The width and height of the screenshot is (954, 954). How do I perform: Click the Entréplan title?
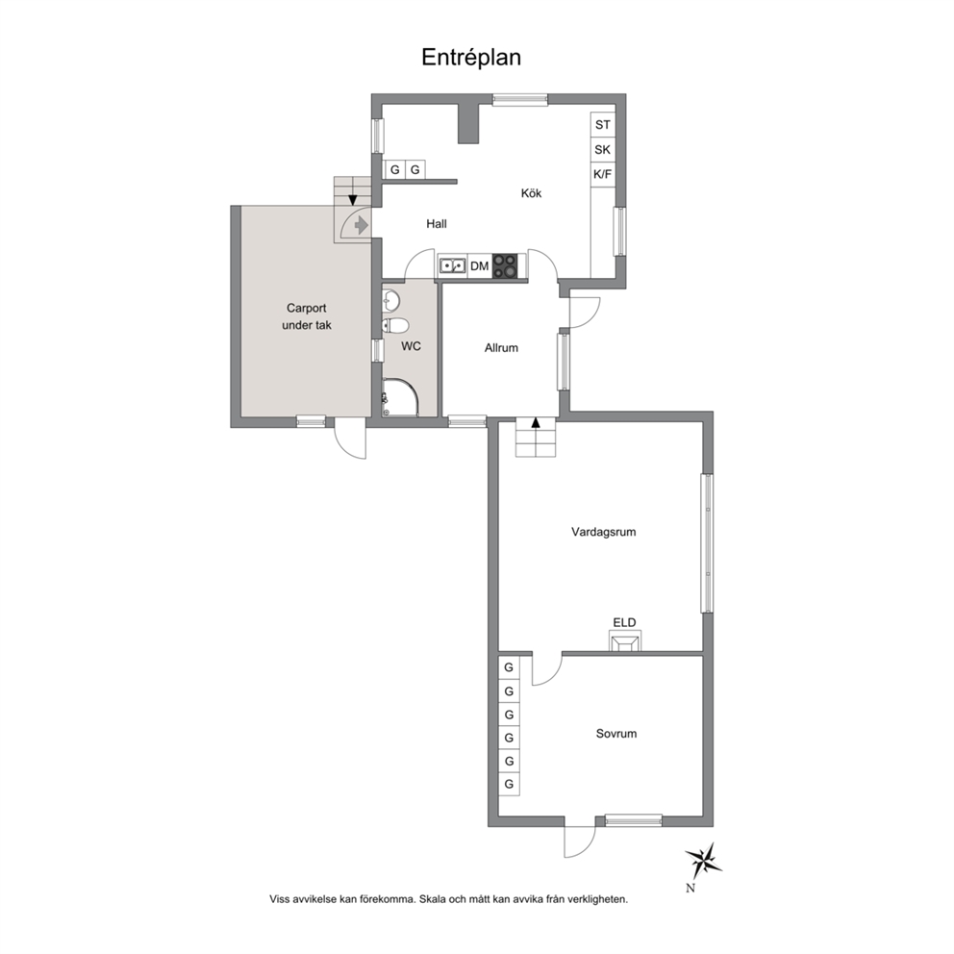471,57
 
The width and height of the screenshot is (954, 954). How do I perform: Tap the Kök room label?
531,193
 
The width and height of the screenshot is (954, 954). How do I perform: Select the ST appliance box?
602,125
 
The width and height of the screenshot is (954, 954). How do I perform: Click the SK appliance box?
602,150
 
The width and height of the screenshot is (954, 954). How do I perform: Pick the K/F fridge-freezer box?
602,175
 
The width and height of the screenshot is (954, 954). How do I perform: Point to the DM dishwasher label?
480,265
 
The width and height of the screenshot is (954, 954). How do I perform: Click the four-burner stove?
505,265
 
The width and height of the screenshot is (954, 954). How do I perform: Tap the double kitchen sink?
453,265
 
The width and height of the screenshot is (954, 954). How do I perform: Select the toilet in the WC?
395,325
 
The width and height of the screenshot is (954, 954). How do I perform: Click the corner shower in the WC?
400,398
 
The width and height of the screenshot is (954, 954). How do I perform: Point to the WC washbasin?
391,299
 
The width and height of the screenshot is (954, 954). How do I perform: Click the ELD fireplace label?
624,622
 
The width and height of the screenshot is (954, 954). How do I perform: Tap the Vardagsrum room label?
604,532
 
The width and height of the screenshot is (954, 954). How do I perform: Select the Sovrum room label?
616,734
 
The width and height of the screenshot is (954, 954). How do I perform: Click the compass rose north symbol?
703,862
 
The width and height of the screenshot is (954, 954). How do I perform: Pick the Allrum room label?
501,348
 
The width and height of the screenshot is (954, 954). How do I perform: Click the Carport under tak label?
307,316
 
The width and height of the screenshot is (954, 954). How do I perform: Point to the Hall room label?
437,224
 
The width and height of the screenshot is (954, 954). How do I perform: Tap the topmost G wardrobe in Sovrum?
509,667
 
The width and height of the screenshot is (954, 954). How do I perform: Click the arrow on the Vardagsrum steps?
536,423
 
